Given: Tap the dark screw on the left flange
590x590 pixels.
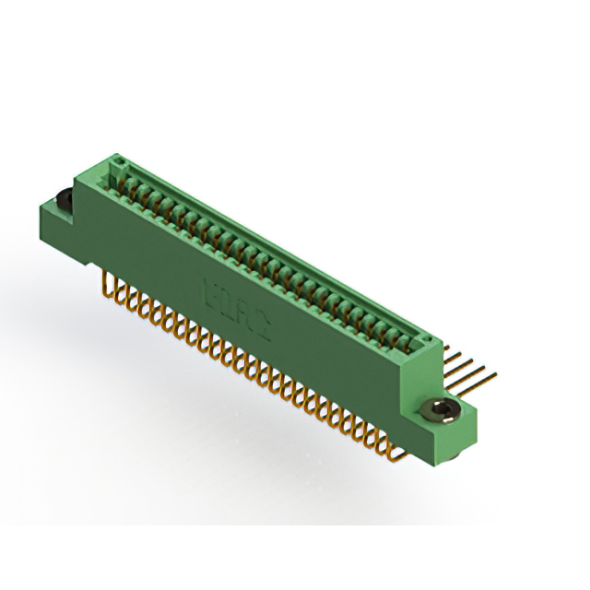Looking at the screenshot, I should (x=64, y=198).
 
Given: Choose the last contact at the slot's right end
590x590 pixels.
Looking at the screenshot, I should (x=406, y=336).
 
